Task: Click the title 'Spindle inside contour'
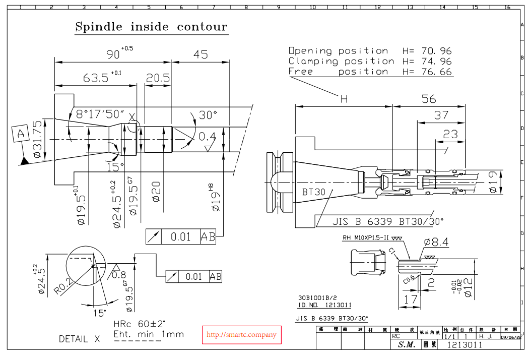point(151,27)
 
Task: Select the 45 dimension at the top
point(201,54)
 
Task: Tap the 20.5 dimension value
point(158,78)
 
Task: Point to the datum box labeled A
point(21,134)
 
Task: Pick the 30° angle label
point(207,115)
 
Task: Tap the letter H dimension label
point(344,99)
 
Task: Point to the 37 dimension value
point(441,115)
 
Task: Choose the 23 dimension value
point(450,135)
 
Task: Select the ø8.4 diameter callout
point(436,243)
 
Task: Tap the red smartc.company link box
point(242,335)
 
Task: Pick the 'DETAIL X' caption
point(79,339)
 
